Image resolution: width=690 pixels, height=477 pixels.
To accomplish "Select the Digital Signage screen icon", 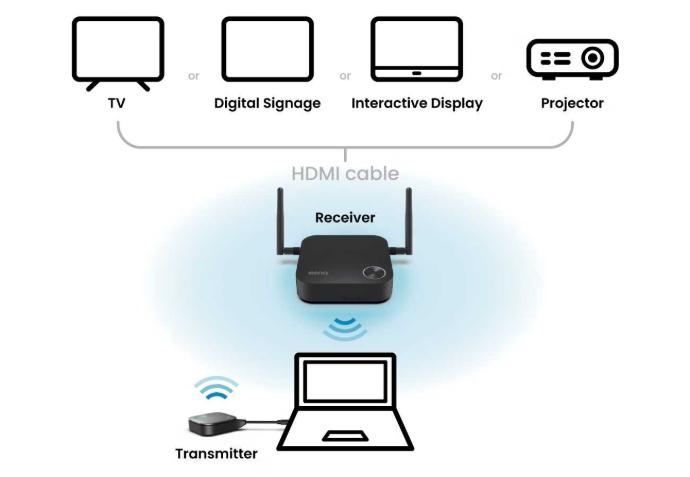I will click(x=267, y=48).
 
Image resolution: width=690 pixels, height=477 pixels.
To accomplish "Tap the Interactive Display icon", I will click(x=416, y=48).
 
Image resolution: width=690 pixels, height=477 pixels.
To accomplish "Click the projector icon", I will click(x=572, y=59).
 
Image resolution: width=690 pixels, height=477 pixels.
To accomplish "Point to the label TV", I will click(x=118, y=103).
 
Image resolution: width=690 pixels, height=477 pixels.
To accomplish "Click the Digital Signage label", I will click(x=267, y=103).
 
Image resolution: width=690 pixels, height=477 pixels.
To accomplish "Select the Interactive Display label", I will click(x=417, y=103).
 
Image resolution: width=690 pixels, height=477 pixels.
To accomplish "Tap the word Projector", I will click(x=572, y=103).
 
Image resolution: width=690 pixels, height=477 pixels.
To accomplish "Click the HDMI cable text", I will click(x=345, y=173).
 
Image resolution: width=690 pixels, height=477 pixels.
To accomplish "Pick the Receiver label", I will click(x=345, y=217).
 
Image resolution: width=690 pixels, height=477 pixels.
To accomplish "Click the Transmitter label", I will click(x=216, y=453).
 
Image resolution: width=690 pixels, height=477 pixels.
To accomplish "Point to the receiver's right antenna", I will click(x=409, y=225).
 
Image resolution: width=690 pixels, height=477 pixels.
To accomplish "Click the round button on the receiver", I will click(x=376, y=274).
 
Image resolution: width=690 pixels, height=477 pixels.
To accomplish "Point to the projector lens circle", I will click(x=592, y=59).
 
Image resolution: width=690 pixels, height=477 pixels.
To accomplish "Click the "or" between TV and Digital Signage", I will click(x=193, y=75).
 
